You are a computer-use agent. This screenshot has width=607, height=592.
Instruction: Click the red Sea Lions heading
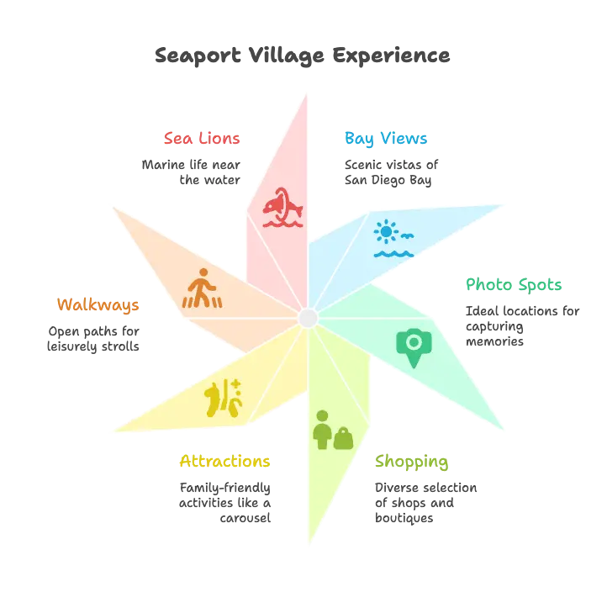click(202, 138)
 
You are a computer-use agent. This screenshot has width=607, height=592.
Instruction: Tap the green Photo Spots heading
click(514, 285)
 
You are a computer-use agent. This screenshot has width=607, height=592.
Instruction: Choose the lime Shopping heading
click(412, 462)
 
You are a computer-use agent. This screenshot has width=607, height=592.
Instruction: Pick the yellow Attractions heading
click(226, 462)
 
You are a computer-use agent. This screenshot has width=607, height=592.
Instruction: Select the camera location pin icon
click(413, 346)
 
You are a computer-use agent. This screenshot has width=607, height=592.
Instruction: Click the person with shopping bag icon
click(332, 431)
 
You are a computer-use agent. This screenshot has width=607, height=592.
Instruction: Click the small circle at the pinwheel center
click(308, 318)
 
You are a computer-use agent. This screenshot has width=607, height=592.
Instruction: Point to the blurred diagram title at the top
click(303, 56)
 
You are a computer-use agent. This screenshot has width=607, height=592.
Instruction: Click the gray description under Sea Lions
click(192, 171)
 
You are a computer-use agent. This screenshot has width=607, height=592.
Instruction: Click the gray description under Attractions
click(225, 501)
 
